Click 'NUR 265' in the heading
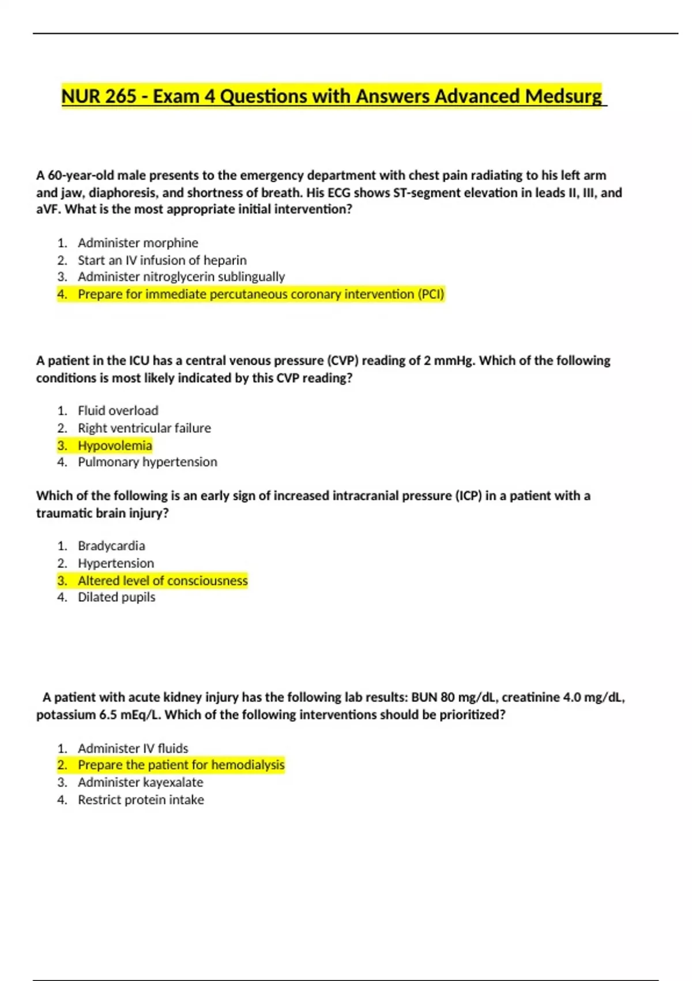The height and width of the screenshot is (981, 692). coord(99,96)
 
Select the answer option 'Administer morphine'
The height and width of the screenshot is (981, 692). coord(138,243)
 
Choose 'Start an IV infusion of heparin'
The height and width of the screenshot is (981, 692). coord(162,260)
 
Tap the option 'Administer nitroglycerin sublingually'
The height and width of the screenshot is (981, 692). coord(181,277)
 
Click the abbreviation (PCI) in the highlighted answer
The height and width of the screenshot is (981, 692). coord(431,294)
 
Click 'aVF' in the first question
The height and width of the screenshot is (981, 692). coord(48,209)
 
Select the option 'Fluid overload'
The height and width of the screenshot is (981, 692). coord(118,411)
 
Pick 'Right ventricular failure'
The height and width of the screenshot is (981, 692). coord(144,428)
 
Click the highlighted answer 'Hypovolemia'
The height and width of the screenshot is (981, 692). coord(115,445)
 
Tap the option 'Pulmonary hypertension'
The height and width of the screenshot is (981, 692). coord(148,462)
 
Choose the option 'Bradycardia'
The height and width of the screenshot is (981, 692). coord(111,546)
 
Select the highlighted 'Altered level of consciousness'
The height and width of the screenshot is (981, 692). coord(163,581)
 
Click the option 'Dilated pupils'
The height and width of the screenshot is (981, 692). coord(116,597)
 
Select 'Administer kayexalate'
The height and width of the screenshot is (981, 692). coord(140,782)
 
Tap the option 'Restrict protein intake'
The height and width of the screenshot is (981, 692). coord(141,800)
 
